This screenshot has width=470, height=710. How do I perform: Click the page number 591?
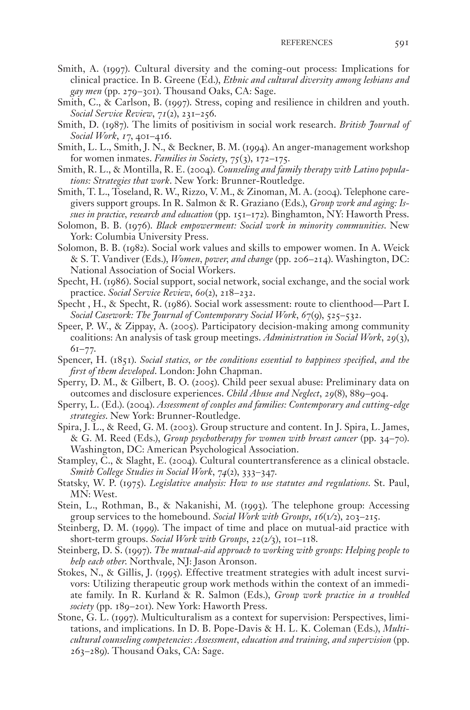pos(401,43)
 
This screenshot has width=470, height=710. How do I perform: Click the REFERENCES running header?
pos(306,43)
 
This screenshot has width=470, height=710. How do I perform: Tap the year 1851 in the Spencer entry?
pos(121,360)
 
